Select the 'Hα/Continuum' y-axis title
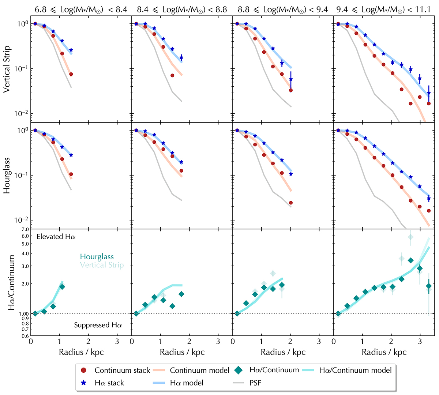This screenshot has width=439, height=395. [11, 282]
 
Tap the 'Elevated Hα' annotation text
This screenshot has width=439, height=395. [56, 237]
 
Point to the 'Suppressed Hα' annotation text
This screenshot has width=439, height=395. [98, 325]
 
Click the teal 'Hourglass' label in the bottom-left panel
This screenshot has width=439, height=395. [97, 257]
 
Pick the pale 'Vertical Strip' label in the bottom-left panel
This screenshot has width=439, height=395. [102, 265]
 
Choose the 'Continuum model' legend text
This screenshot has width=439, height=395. [199, 370]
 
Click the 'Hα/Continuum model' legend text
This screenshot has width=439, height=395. [355, 370]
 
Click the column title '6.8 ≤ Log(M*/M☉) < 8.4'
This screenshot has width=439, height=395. [81, 10]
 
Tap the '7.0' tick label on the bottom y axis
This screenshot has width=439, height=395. [25, 229]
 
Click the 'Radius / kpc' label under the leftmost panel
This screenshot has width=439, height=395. [81, 352]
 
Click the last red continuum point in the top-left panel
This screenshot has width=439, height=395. [71, 74]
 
